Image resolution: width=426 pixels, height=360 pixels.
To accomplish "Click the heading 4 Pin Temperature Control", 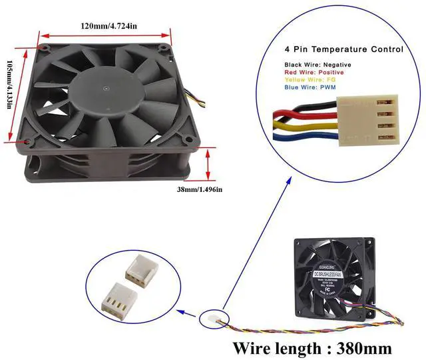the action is (343, 49).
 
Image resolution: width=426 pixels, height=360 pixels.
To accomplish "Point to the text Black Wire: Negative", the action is (318, 65).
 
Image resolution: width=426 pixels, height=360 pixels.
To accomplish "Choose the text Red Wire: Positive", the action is (314, 72).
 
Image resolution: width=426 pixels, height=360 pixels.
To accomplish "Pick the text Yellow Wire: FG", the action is (310, 80).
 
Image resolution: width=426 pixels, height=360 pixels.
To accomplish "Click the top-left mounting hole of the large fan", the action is (43, 48).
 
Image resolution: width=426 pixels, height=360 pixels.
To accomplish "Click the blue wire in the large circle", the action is (308, 141).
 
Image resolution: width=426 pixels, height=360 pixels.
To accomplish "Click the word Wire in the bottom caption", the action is (258, 347).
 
